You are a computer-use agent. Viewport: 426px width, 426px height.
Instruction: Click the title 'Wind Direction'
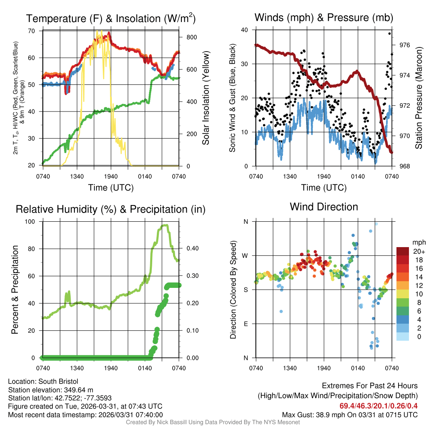click(324, 207)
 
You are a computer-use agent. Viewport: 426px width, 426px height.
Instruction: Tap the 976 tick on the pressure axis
click(404, 45)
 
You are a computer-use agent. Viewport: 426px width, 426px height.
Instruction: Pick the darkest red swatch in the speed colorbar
click(402, 251)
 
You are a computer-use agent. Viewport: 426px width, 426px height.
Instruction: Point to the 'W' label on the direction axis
click(245, 255)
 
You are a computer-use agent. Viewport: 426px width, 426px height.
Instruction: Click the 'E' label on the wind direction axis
click(246, 324)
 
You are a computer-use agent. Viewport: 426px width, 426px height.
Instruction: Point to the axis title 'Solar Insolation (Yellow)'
click(206, 98)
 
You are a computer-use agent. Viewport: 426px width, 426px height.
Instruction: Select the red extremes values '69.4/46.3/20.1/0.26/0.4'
click(379, 406)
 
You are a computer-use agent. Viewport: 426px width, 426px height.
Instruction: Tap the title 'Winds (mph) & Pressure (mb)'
click(324, 17)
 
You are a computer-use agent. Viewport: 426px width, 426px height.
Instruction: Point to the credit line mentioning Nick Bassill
click(213, 422)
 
